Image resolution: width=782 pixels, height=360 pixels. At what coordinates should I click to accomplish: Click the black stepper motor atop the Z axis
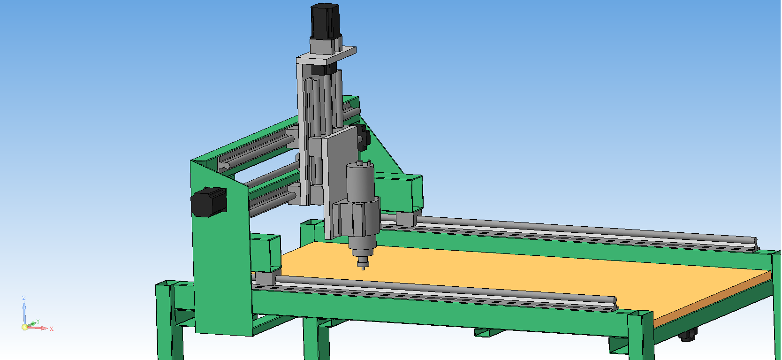(x=326, y=21)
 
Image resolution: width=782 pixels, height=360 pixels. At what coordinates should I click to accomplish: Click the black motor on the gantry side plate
(x=209, y=202)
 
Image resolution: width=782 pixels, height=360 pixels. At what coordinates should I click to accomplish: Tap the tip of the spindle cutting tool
(x=363, y=268)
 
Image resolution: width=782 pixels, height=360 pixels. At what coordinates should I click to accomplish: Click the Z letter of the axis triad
(x=24, y=298)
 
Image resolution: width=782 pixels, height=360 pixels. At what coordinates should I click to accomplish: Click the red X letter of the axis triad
(x=52, y=329)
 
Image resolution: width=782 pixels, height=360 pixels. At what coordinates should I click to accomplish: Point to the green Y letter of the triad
(x=38, y=322)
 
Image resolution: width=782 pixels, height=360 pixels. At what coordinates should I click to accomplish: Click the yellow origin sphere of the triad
(x=25, y=327)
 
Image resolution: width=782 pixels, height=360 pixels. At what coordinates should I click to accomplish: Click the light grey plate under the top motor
(x=326, y=55)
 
